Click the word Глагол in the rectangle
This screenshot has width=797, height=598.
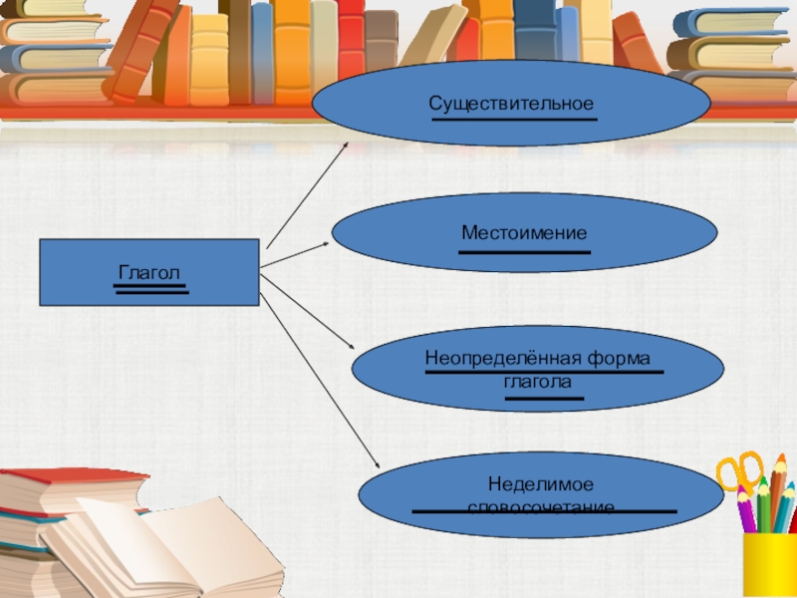pos(149,271)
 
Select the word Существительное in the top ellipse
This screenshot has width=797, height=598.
pos(511,104)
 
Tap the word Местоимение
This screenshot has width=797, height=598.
pos(524,233)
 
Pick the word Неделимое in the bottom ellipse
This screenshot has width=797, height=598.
pos(541,483)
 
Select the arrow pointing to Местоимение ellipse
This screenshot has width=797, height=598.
pos(295,255)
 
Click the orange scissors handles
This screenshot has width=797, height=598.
pos(738,468)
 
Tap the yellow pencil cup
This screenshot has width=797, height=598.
pos(770,563)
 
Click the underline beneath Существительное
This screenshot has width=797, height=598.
pos(514,120)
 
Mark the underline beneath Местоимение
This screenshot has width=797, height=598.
pos(524,252)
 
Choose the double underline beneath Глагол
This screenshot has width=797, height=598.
pos(150,289)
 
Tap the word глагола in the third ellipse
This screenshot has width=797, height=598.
pos(544,382)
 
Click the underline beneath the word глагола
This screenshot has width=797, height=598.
pos(544,399)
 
